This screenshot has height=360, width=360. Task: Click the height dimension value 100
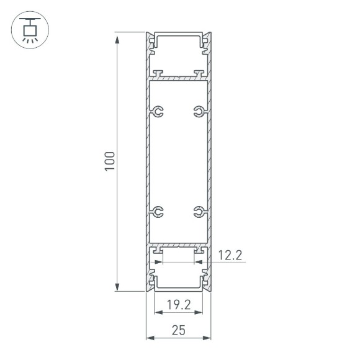(109, 162)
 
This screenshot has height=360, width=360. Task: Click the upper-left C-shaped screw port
(159, 112)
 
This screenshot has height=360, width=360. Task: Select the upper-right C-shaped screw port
(198, 112)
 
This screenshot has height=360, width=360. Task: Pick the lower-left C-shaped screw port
(159, 212)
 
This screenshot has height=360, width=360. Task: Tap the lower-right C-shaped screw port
(198, 212)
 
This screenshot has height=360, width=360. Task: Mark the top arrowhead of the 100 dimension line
(117, 37)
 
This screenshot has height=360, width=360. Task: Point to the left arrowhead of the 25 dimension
(149, 338)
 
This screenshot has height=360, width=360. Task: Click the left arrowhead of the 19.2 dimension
(156, 313)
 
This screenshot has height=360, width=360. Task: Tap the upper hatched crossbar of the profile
(179, 79)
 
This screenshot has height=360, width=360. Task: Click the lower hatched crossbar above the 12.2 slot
(179, 245)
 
